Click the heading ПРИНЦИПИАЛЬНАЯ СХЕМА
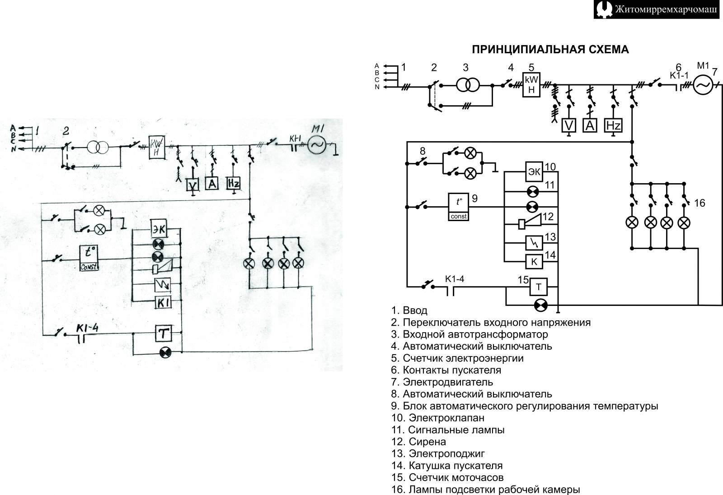(x=550, y=50)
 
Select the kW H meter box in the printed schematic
(x=531, y=85)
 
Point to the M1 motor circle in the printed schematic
(x=703, y=85)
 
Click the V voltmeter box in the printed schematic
(x=569, y=125)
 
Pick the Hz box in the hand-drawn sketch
(x=233, y=183)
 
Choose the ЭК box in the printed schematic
(x=534, y=172)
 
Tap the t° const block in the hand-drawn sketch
(x=89, y=258)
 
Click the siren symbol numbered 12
(x=529, y=223)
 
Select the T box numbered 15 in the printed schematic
(x=538, y=287)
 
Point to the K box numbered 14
(x=534, y=261)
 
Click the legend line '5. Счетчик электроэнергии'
(x=457, y=358)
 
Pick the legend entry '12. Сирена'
(x=418, y=441)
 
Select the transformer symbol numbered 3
(x=468, y=85)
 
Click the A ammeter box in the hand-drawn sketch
(x=212, y=183)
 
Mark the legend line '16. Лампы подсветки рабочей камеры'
(x=485, y=490)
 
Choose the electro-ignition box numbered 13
(x=534, y=243)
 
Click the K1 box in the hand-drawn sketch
(x=163, y=303)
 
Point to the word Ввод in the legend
(x=415, y=310)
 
